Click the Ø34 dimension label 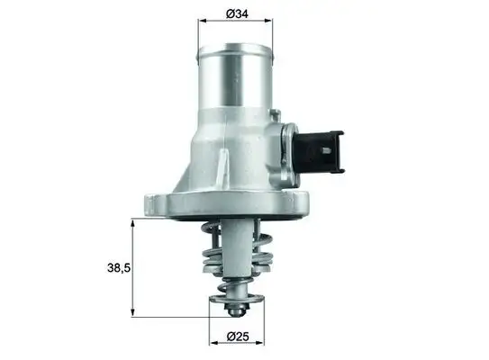point(237,14)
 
